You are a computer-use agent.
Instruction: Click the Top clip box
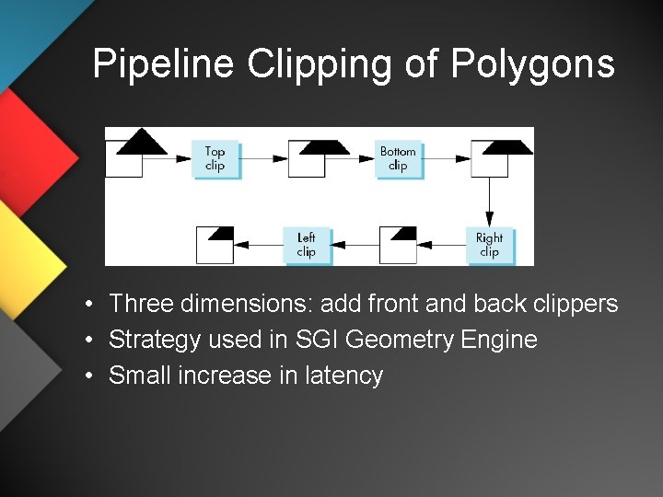coord(215,158)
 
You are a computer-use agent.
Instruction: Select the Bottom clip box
coord(398,158)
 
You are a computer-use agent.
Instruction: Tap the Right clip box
coord(489,245)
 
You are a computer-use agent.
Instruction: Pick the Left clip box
coord(307,245)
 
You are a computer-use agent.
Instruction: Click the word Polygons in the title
coord(532,64)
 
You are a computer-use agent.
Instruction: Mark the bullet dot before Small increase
coord(84,376)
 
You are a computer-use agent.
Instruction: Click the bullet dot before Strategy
coord(84,341)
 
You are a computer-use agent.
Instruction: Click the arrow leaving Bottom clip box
coord(447,158)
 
